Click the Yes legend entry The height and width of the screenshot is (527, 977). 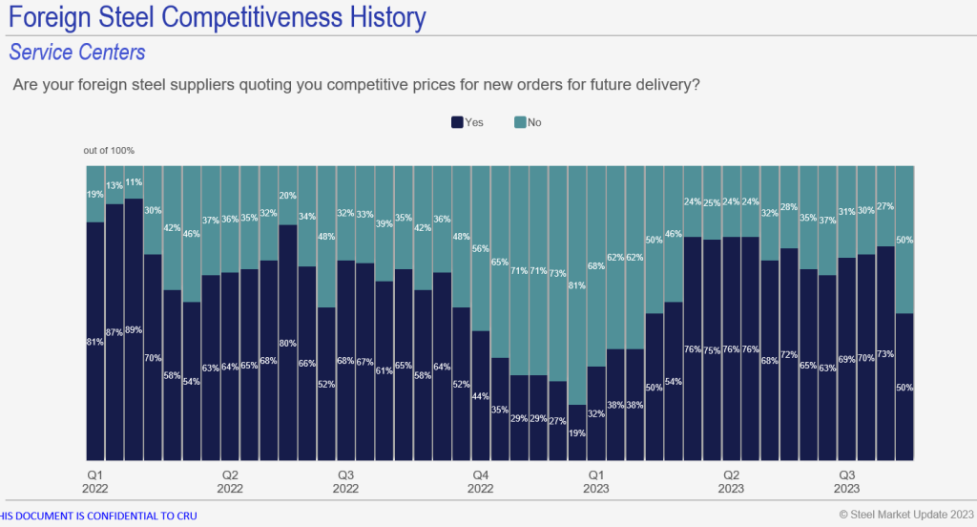click(x=468, y=122)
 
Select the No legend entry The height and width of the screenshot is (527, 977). click(x=528, y=122)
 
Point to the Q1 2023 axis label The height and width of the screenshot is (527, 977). click(x=595, y=480)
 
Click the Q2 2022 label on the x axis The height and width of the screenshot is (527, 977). click(x=230, y=480)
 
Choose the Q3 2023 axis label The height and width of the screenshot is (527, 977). click(x=846, y=480)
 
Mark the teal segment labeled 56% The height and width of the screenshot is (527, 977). click(x=481, y=248)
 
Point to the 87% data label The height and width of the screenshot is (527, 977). click(x=114, y=331)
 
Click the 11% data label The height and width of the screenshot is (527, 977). click(x=134, y=182)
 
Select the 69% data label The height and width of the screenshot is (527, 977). click(x=846, y=359)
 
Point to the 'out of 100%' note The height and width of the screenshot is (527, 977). click(x=109, y=150)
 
